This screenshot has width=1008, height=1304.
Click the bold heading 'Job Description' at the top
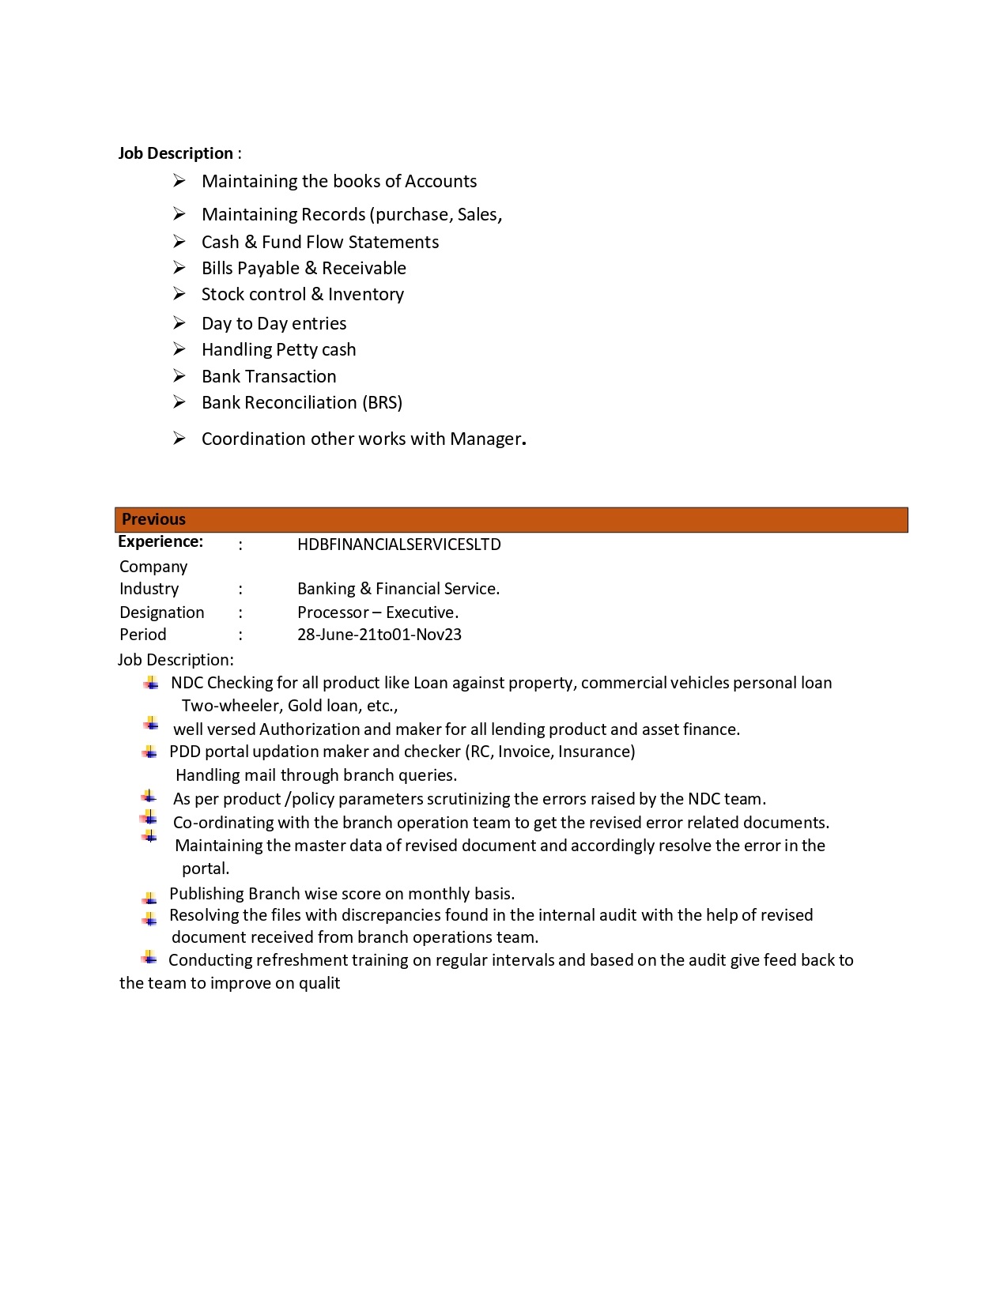point(176,153)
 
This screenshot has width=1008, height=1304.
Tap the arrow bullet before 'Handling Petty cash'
point(179,349)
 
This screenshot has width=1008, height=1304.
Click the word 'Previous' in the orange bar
point(153,519)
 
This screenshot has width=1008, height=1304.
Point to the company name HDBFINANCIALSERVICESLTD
point(398,545)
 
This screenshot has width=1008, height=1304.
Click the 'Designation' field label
point(161,612)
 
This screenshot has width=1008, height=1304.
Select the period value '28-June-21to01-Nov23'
point(379,635)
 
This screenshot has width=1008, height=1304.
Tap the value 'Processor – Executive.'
point(377,612)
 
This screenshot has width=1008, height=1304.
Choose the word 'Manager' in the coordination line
point(485,439)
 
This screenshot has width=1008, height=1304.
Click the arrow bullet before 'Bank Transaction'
point(179,376)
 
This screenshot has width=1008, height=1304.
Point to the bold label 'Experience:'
point(160,542)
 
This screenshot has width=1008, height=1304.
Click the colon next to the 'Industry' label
point(240,590)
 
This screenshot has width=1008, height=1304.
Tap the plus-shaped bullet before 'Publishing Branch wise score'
point(149,898)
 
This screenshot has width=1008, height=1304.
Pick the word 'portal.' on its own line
point(206,869)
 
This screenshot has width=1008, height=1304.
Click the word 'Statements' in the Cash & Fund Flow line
point(394,243)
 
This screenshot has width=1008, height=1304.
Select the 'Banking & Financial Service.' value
point(398,589)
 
